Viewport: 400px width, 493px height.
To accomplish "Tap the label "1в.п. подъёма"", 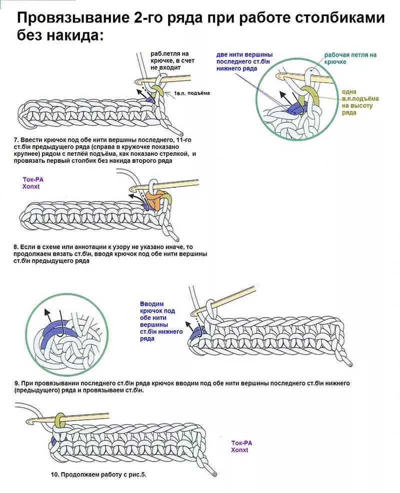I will tap(192, 93).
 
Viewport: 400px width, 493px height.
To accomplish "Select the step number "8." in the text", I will tap(16, 247).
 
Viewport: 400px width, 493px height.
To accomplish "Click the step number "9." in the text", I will tap(17, 383).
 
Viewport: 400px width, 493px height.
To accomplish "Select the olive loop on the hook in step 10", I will tap(60, 418).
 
